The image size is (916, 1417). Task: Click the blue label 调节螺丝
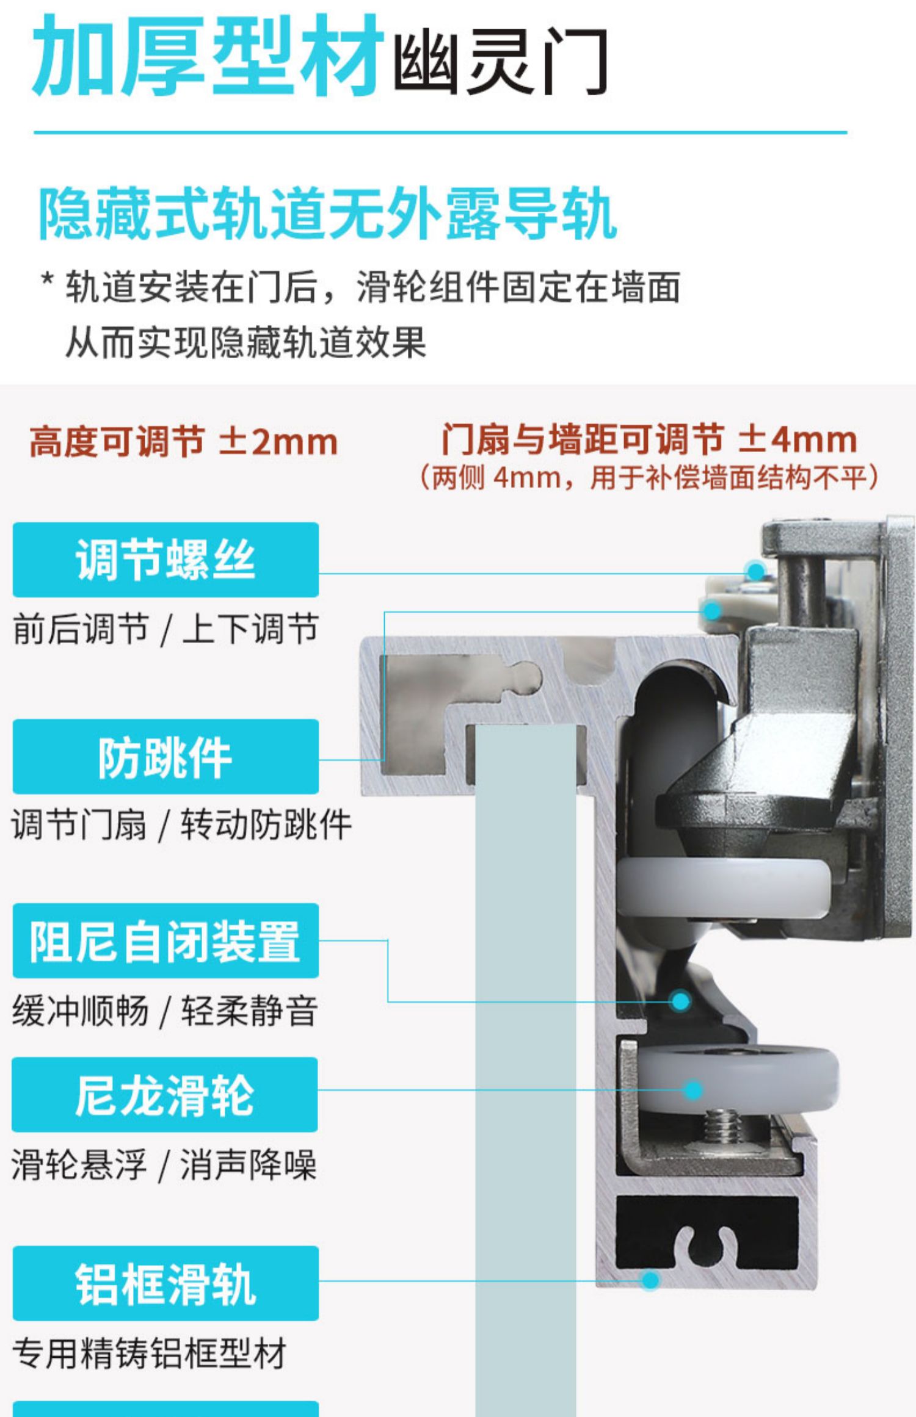165,560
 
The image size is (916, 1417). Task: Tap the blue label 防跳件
165,757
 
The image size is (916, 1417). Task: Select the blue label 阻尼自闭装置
165,940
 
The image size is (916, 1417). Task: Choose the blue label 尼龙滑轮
165,1095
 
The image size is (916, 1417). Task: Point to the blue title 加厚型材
208,58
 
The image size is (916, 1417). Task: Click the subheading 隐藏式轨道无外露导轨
327,214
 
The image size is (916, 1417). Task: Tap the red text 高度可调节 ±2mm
183,442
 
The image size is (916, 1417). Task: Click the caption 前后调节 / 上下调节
165,629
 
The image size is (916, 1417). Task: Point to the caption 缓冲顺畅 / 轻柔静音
165,1011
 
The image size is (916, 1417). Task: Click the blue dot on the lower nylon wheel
692,1090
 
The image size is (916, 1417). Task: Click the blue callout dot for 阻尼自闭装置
680,1000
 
